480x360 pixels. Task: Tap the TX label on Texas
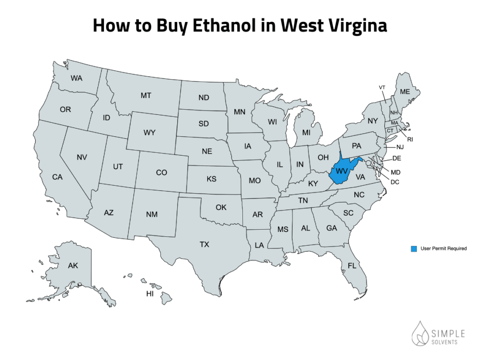[x=204, y=244]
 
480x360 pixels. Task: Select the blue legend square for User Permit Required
[x=414, y=248]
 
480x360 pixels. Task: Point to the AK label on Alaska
[x=73, y=266]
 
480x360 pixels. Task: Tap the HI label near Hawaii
[x=150, y=294]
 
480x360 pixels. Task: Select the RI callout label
[x=410, y=139]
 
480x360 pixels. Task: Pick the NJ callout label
[x=399, y=147]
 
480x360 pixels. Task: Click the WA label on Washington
[x=77, y=78]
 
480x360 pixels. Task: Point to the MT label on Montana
[x=146, y=96]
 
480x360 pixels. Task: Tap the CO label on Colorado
[x=161, y=173]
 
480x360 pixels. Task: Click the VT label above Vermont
[x=382, y=88]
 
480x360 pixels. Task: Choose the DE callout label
[x=396, y=158]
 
